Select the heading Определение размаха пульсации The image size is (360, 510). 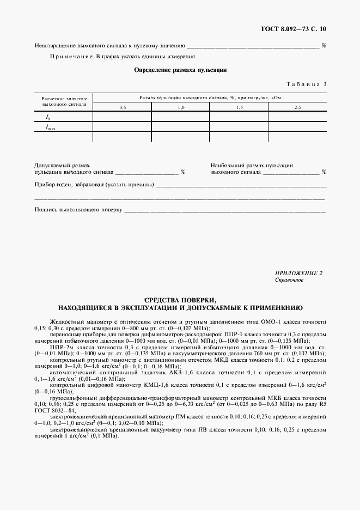pos(180,70)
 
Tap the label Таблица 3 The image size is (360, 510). pos(306,84)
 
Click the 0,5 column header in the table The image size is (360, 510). pos(123,107)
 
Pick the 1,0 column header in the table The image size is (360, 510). pos(181,107)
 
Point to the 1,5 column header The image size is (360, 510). pos(239,107)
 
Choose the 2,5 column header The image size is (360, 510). pos(297,107)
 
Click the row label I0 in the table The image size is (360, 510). pos(48,117)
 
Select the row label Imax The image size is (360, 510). pos(50,127)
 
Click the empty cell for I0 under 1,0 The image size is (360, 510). pos(181,117)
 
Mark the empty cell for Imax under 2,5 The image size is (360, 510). pos(297,127)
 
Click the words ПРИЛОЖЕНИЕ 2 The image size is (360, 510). pos(299,273)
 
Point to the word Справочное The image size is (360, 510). pos(290,280)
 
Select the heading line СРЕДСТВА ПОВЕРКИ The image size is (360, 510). pos(180,300)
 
